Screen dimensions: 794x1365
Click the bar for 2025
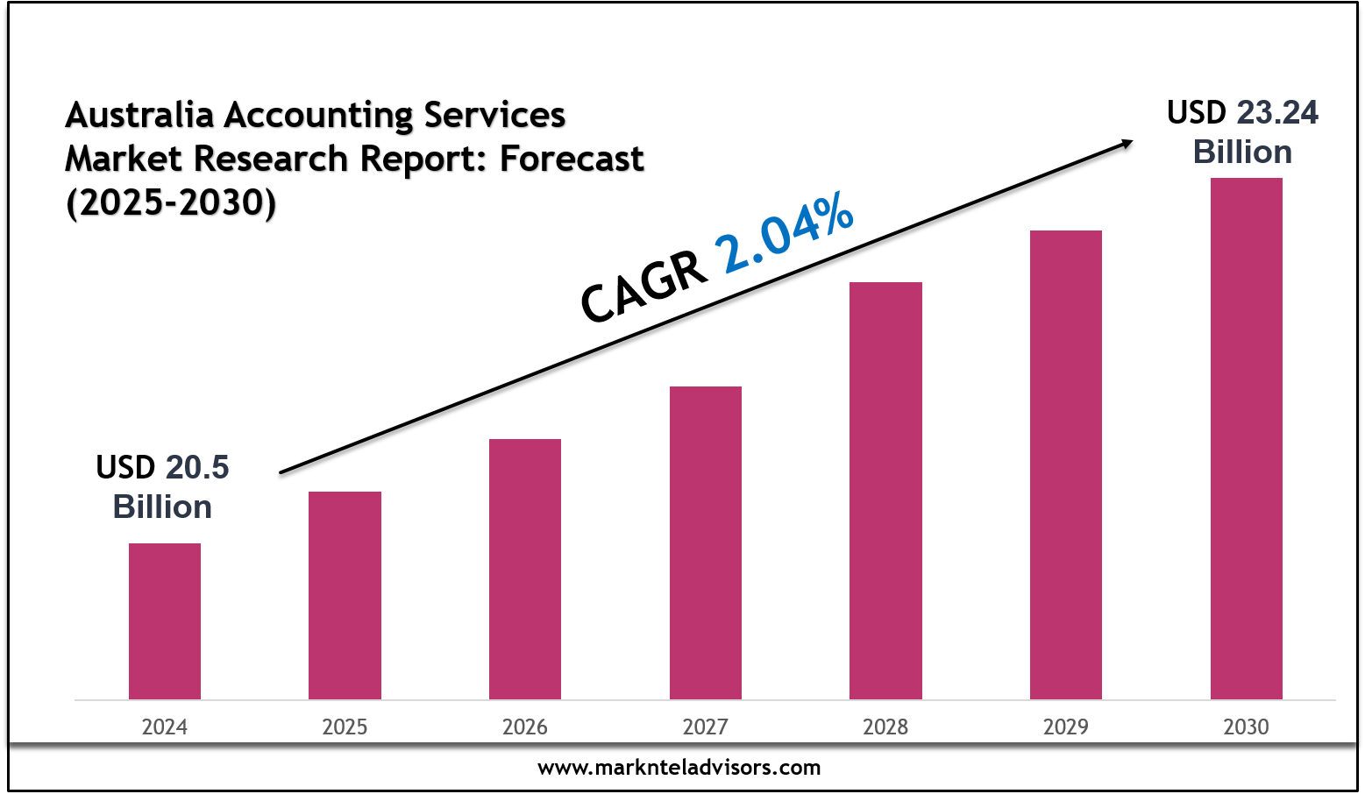click(x=345, y=595)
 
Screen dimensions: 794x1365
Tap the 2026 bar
click(x=525, y=569)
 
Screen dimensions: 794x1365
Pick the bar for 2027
click(x=706, y=542)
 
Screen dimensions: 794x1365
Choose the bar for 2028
click(x=885, y=491)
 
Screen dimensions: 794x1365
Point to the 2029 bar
click(x=1066, y=464)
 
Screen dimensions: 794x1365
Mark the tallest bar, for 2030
click(x=1246, y=438)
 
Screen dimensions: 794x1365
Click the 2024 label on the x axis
click(x=165, y=727)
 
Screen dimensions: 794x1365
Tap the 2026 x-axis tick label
click(x=525, y=727)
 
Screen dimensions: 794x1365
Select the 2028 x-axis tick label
click(x=885, y=727)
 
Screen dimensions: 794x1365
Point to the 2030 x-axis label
click(x=1246, y=727)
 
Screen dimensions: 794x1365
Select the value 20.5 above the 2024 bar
click(x=197, y=468)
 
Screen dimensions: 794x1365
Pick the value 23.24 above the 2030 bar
click(x=1277, y=113)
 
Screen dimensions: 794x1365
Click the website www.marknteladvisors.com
click(x=679, y=769)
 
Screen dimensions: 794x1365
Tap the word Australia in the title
click(x=140, y=115)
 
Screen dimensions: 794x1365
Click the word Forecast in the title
click(x=572, y=160)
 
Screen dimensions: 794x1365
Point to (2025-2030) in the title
click(x=171, y=203)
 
